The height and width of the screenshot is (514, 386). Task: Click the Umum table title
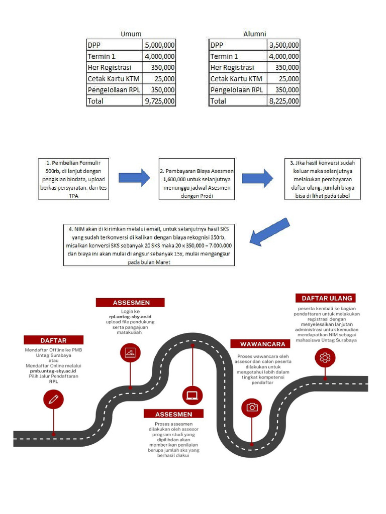tap(131, 34)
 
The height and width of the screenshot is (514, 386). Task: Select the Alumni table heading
tap(254, 34)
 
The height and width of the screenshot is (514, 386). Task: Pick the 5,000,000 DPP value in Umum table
tap(160, 45)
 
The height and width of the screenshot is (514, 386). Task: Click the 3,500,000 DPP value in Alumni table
tap(284, 45)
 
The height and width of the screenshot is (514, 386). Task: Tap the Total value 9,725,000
tap(160, 101)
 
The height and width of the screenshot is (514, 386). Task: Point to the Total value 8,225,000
tap(284, 101)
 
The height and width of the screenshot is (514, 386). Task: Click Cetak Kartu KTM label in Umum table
tap(114, 79)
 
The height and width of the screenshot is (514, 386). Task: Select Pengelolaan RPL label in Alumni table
tap(237, 90)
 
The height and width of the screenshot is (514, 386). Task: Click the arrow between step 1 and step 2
tap(134, 178)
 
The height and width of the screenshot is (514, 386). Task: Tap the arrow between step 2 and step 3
tap(257, 178)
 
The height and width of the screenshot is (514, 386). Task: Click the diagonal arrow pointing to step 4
tap(270, 232)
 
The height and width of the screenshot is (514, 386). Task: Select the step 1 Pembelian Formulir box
tap(74, 179)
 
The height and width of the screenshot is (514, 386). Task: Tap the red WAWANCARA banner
tap(259, 344)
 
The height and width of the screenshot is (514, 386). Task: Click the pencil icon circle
tap(53, 399)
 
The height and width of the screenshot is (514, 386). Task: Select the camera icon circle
tap(252, 407)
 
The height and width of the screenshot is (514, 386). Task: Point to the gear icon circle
tap(325, 357)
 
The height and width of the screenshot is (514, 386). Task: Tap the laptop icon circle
tap(192, 395)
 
